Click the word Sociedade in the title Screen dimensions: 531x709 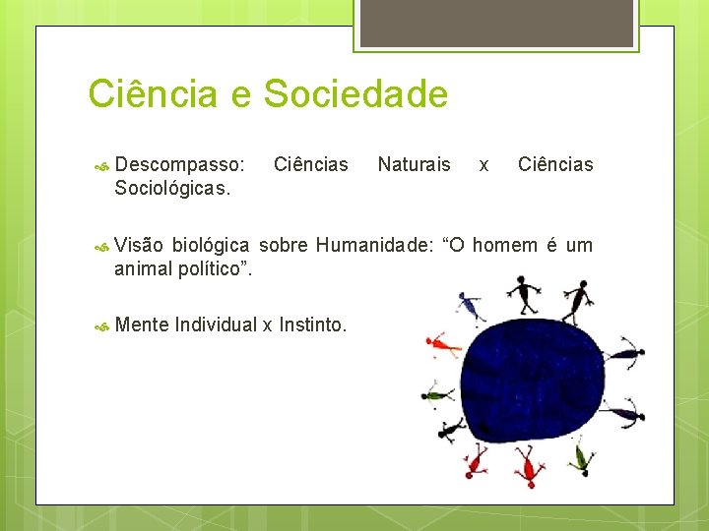(x=355, y=94)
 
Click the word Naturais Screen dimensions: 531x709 (x=414, y=164)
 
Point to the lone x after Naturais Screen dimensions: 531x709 (x=483, y=165)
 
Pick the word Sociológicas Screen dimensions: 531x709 (x=172, y=188)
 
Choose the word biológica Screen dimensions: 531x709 (x=211, y=245)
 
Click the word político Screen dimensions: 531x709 (x=214, y=268)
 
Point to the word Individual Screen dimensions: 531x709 (x=216, y=324)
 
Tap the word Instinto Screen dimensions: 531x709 (x=312, y=324)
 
